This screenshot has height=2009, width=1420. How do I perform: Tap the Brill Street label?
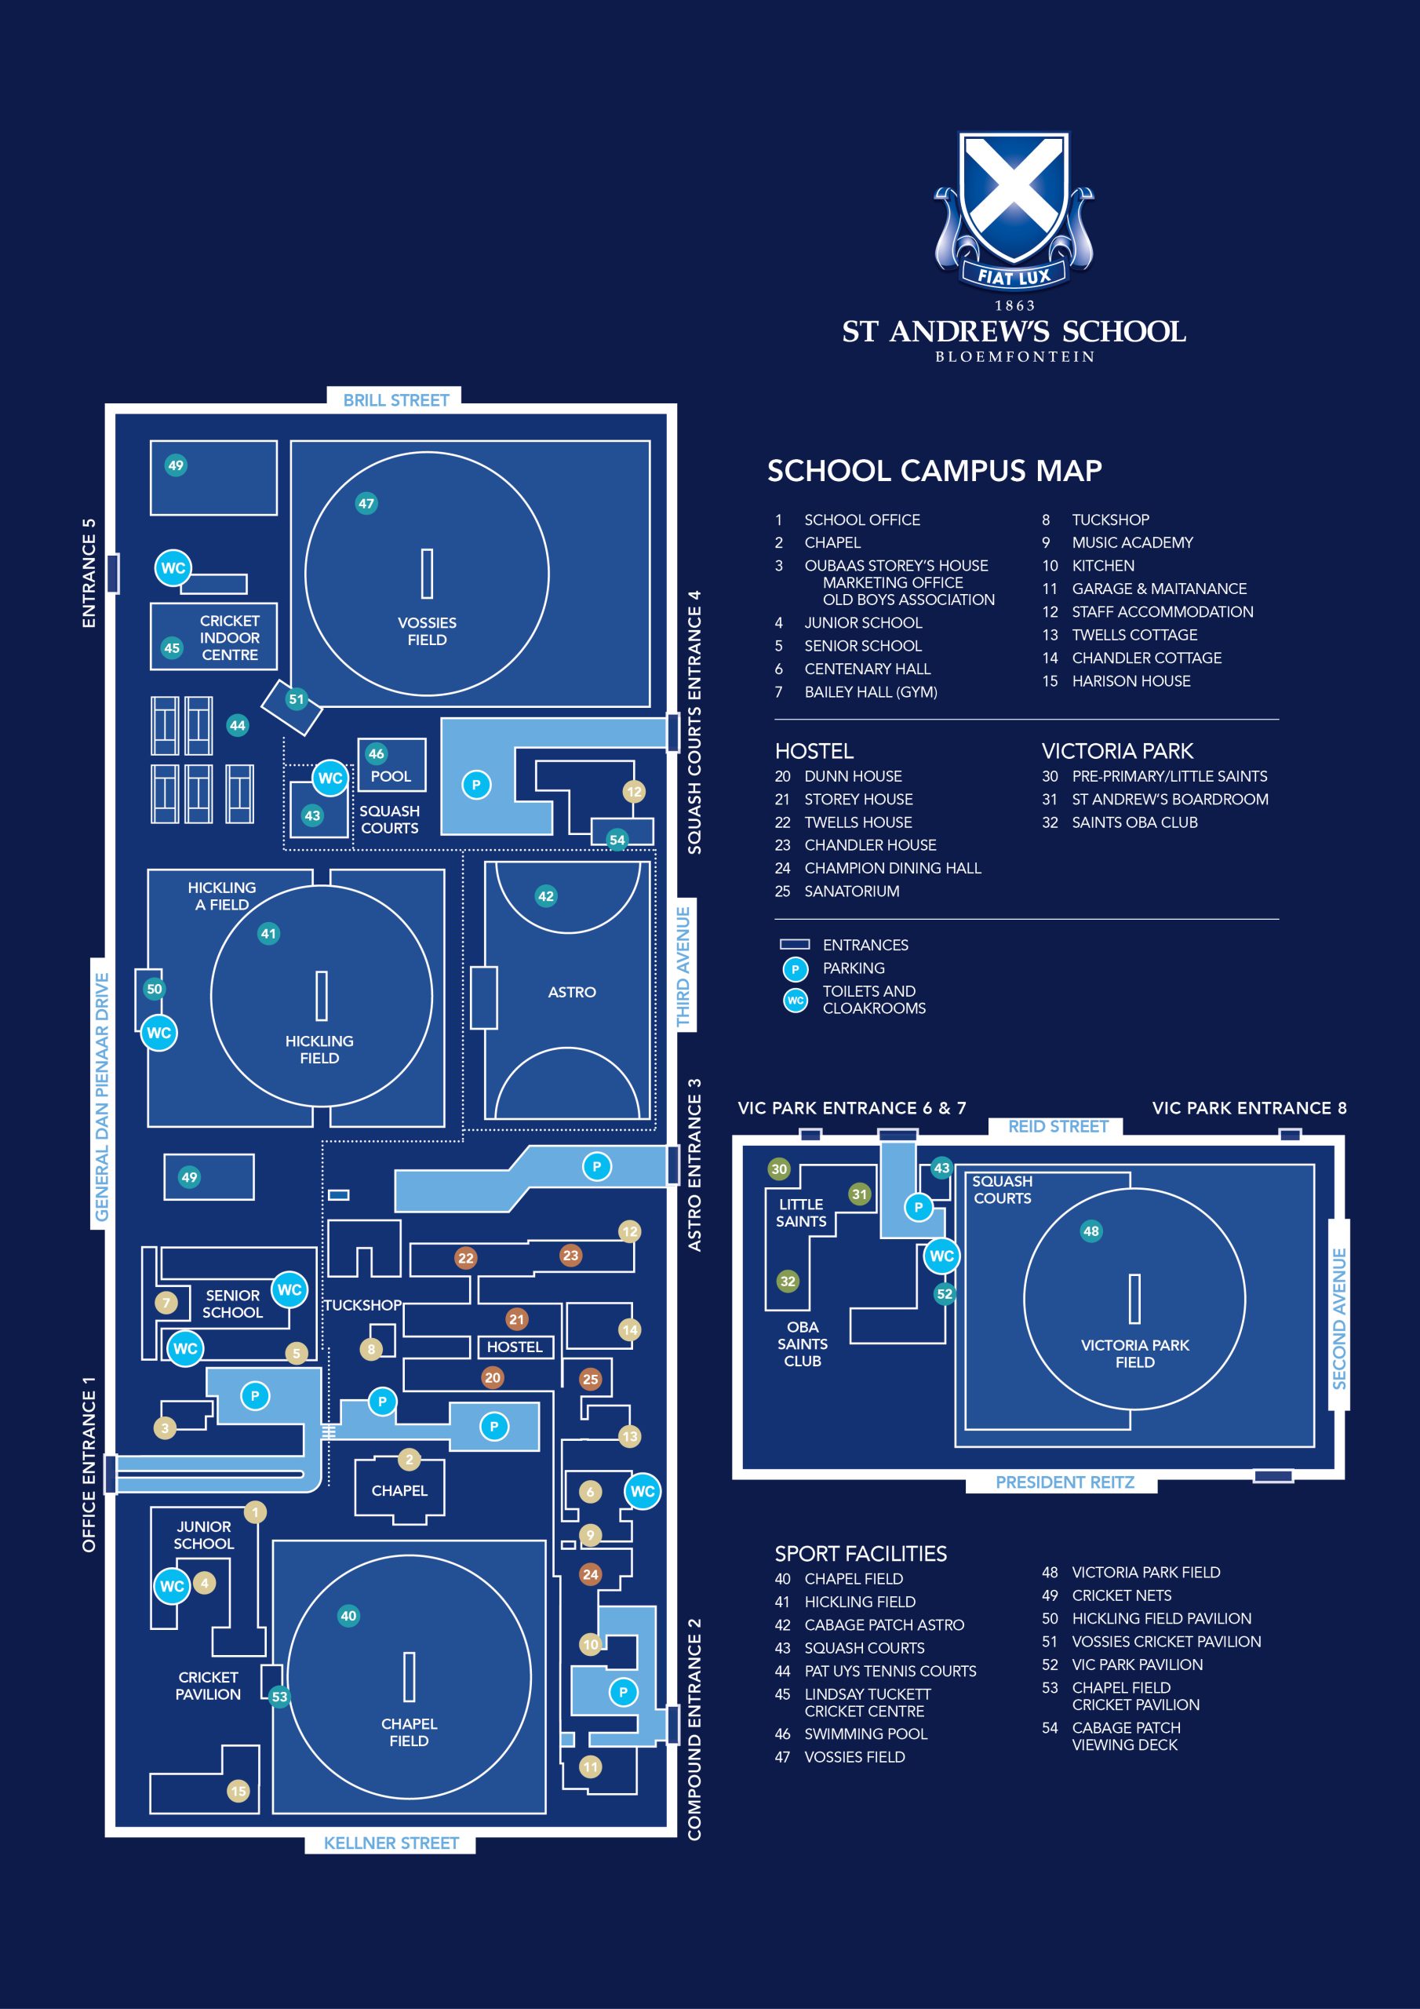(x=395, y=400)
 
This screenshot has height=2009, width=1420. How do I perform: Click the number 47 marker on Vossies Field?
(x=366, y=503)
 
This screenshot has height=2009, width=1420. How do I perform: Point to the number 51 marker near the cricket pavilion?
(x=297, y=699)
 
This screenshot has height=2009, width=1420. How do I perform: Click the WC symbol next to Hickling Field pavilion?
(x=158, y=1033)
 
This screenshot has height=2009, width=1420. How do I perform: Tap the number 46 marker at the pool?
(x=377, y=753)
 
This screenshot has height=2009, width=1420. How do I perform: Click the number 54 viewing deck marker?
(x=617, y=840)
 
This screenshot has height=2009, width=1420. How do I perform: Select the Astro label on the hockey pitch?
(x=571, y=992)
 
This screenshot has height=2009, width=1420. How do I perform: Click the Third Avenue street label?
(x=683, y=966)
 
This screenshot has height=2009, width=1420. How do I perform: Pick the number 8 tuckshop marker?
(x=371, y=1349)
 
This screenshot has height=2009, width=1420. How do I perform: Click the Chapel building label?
(x=399, y=1490)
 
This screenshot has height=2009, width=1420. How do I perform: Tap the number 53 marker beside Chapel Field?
(x=279, y=1697)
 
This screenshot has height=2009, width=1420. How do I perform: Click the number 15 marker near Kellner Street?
(x=238, y=1791)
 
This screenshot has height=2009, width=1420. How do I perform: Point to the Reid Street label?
(x=1058, y=1126)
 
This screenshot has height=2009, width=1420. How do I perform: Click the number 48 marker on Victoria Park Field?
(x=1091, y=1231)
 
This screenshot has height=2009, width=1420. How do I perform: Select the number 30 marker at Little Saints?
(x=779, y=1169)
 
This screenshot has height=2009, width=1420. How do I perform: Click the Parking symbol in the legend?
(x=795, y=968)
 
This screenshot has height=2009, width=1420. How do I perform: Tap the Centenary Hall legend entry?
(x=866, y=669)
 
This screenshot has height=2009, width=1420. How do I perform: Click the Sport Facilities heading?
(x=860, y=1553)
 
